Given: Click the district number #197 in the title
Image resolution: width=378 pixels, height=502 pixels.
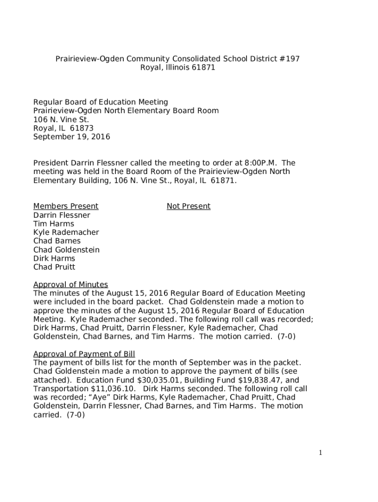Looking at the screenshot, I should pos(289,59).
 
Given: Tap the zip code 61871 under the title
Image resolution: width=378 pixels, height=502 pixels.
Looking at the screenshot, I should pos(204,68).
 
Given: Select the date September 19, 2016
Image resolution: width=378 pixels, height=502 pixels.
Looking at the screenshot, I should pos(72,137).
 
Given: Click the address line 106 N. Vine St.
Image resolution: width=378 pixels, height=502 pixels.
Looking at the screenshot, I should pos(61,120).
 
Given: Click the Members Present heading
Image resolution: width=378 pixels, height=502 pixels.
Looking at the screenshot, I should pos(66,206).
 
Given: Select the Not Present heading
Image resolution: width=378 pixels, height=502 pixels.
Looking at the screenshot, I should pos(189,206).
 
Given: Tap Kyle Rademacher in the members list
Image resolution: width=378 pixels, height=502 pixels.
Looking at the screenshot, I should pos(66,232).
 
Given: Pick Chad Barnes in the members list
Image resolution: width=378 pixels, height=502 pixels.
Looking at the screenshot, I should pos(57,241).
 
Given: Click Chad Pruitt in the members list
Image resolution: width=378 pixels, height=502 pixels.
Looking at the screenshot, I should pos(54,267).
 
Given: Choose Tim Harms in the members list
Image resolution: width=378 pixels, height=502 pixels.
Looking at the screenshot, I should pos(54,224).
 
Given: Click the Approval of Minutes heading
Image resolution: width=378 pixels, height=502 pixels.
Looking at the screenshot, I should pos(71,285).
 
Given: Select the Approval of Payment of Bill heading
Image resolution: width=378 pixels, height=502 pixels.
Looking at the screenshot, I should pos(84,354).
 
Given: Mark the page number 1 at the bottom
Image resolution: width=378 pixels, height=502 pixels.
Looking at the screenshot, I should pos(321,453).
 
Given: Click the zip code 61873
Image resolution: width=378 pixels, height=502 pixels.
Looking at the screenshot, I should pos(81,128).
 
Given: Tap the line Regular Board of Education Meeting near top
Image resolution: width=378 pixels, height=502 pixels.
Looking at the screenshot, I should pos(101,102).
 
